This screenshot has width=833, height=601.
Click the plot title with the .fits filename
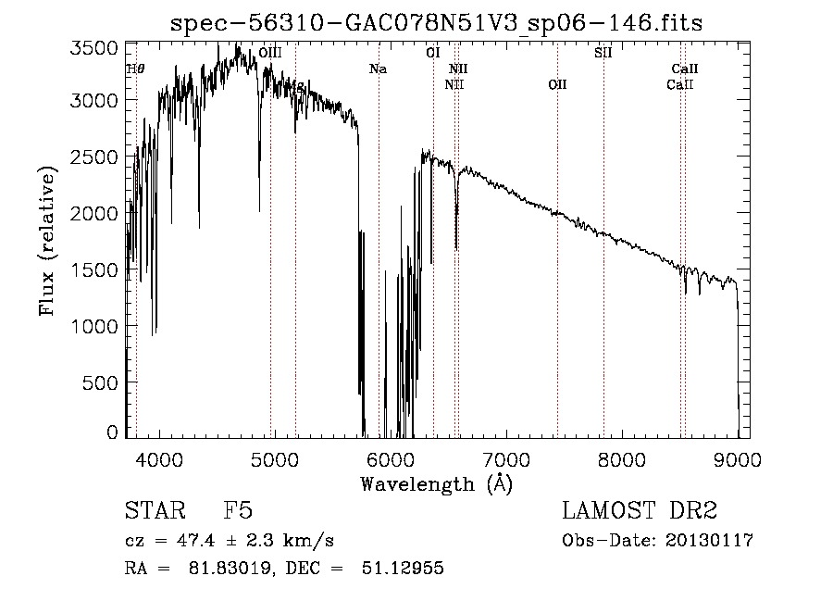pyautogui.click(x=437, y=23)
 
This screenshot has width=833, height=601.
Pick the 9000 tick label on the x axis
pyautogui.click(x=738, y=457)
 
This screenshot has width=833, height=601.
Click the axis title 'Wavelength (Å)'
pyautogui.click(x=436, y=482)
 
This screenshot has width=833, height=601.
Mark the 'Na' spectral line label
pyautogui.click(x=378, y=69)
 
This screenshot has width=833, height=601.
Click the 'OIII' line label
pyautogui.click(x=270, y=54)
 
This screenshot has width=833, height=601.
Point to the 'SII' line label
pyautogui.click(x=603, y=53)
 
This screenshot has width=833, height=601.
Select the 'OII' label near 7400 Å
pyautogui.click(x=557, y=85)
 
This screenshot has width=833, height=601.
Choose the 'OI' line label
pyautogui.click(x=432, y=53)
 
